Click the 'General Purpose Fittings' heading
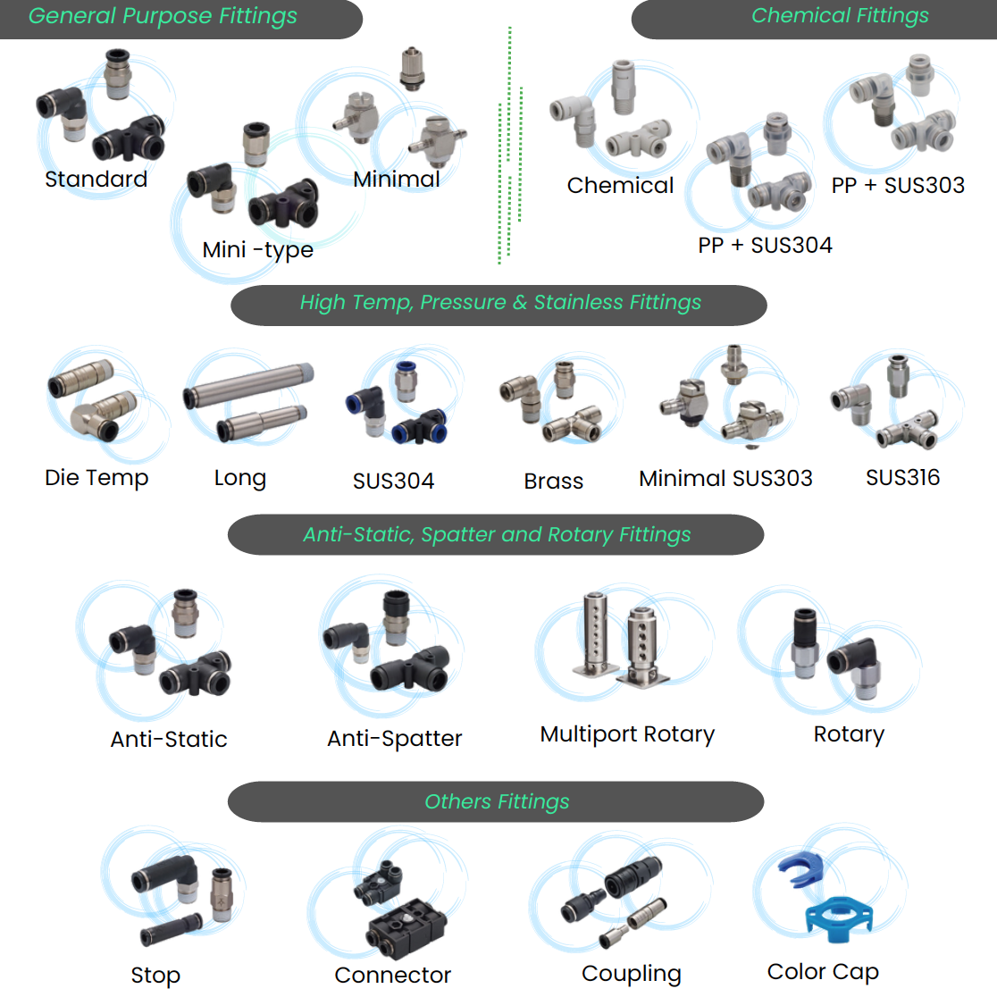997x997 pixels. point(163,16)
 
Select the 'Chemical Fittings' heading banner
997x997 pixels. point(839,16)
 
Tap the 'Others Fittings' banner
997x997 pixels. point(497,801)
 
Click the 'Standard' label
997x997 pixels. point(96,179)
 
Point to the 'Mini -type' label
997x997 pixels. point(257,249)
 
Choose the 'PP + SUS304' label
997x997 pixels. point(765,245)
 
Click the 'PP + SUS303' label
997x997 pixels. point(898,185)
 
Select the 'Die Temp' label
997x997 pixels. point(96,478)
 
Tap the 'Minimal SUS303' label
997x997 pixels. point(725,478)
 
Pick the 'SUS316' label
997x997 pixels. point(902,477)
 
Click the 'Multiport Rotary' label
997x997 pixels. point(627,734)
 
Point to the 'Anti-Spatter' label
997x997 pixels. point(394,738)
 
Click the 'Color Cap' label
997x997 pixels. point(823,971)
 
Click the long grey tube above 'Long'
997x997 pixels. point(247,384)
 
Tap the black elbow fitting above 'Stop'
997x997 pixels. point(166,879)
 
